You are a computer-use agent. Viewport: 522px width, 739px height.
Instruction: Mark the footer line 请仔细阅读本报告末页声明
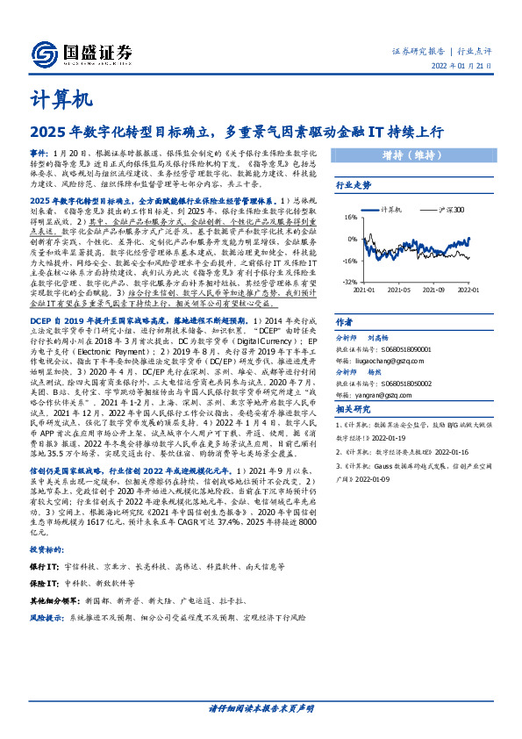pos(261,707)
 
